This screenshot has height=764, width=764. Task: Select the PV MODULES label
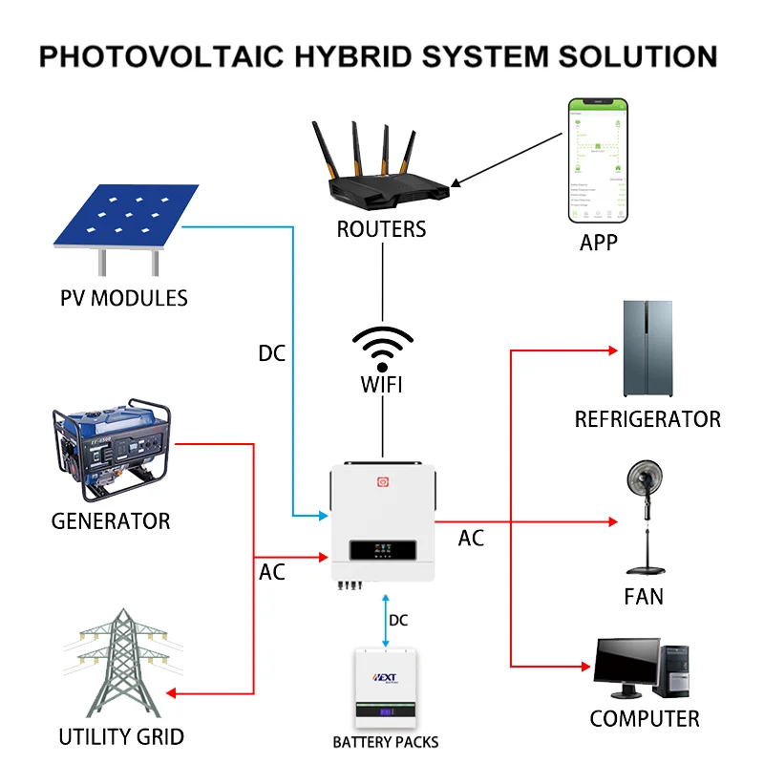[x=124, y=297]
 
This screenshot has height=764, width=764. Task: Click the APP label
[x=598, y=243]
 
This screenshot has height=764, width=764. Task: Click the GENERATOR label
[x=111, y=521]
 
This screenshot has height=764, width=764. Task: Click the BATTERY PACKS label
[x=385, y=742]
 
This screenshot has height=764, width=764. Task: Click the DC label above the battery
[x=398, y=621]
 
